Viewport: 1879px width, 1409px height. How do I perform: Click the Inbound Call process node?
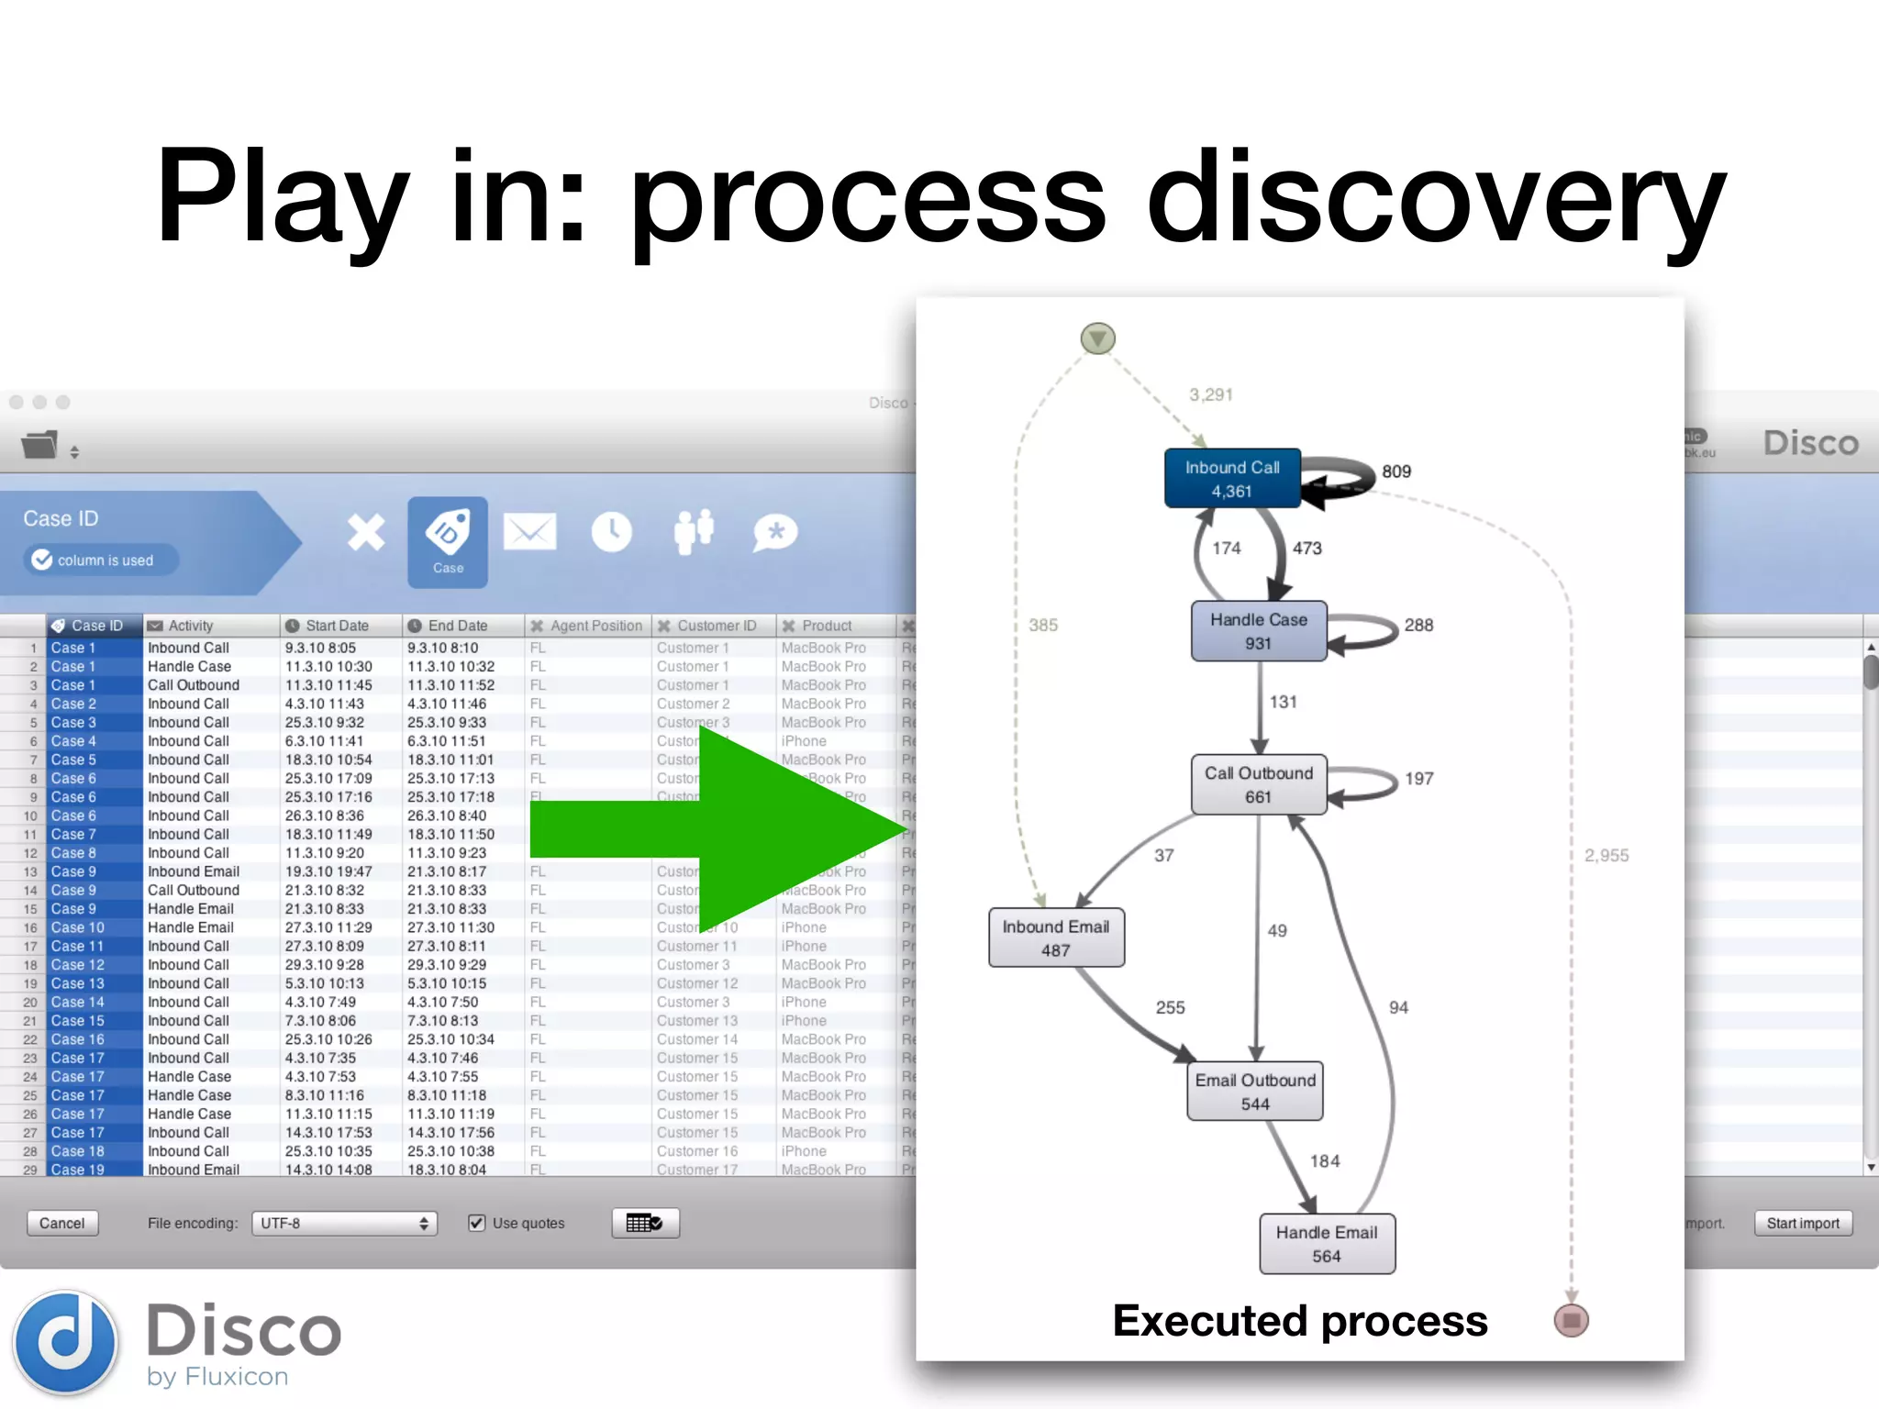[1232, 478]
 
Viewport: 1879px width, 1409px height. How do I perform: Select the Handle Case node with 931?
[1258, 631]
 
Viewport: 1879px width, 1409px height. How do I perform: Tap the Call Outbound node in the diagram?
[1258, 784]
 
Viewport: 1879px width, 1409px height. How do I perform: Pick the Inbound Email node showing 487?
[1055, 937]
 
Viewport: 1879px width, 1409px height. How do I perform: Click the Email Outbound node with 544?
[1254, 1092]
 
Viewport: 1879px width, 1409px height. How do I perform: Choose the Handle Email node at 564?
[1326, 1244]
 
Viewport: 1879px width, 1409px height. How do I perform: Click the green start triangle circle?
[1097, 338]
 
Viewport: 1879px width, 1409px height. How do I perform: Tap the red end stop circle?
[1571, 1320]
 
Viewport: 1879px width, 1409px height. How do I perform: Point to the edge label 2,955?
[1606, 855]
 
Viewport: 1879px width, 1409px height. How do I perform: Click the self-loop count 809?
[1395, 472]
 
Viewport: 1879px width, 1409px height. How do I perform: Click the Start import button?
[1802, 1223]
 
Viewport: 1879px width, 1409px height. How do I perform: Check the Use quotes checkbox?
[476, 1223]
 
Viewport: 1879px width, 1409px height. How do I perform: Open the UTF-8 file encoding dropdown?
[344, 1223]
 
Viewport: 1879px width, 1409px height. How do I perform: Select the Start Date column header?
[336, 626]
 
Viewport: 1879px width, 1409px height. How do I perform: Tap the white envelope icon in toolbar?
[529, 532]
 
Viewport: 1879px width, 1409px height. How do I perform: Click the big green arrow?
[716, 830]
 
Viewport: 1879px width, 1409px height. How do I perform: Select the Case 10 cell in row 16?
[78, 927]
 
